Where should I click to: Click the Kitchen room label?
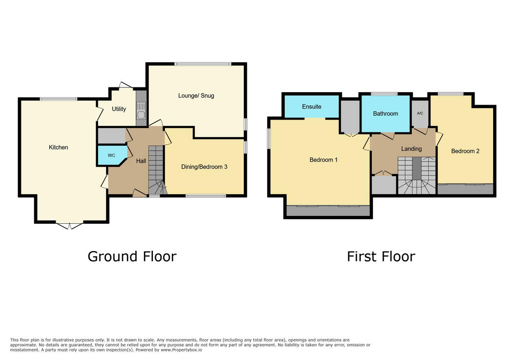(x=58, y=147)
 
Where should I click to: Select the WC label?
(x=111, y=155)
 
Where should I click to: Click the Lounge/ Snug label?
(x=196, y=96)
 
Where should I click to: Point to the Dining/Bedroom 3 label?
(x=205, y=167)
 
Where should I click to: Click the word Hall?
(x=141, y=161)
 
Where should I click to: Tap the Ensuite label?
(x=311, y=106)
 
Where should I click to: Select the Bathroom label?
(x=385, y=114)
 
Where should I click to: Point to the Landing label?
(x=411, y=149)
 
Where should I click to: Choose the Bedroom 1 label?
(x=323, y=160)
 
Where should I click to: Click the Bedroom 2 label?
(x=465, y=151)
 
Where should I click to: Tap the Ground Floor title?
(x=132, y=256)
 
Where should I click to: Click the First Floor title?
(x=381, y=256)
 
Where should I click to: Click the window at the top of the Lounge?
(x=203, y=64)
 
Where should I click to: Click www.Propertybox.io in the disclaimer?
(x=181, y=350)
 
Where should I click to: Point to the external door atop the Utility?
(x=126, y=85)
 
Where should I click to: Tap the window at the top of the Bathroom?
(x=384, y=94)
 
